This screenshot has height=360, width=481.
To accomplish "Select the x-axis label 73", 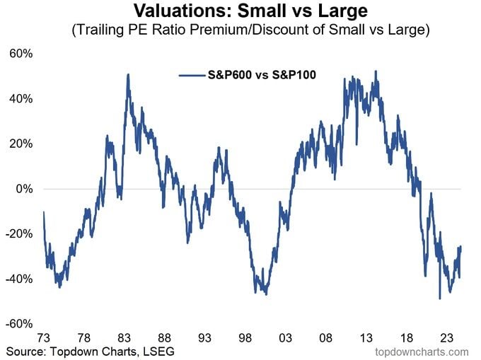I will tap(44, 337).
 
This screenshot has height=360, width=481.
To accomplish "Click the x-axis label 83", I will tap(125, 337).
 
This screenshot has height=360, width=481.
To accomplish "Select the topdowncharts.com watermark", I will tap(423, 351).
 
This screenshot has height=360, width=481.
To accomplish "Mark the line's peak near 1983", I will tap(128, 74).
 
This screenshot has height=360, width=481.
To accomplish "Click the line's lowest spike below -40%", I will tap(440, 298).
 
